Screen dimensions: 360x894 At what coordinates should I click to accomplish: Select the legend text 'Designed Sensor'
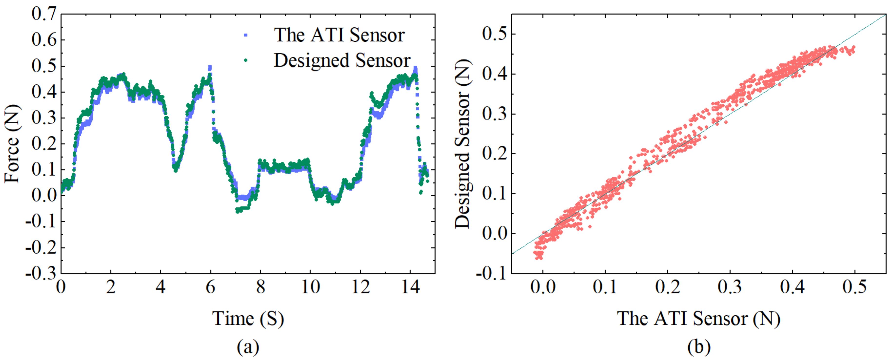pos(342,60)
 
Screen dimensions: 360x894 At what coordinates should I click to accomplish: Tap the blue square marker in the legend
pos(246,35)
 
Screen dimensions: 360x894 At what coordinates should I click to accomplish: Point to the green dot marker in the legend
pos(246,60)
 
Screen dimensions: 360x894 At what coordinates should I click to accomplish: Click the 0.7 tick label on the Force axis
pos(44,14)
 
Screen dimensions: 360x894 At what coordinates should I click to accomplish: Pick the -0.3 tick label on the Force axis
pos(41,274)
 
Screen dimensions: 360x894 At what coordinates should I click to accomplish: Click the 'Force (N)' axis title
pos(12,144)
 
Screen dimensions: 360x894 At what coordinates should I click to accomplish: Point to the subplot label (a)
pos(248,347)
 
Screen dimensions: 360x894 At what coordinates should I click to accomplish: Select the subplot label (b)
pos(699,347)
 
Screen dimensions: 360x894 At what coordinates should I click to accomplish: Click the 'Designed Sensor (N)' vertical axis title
pos(463,144)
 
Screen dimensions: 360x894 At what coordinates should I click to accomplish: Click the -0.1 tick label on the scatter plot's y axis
pos(491,274)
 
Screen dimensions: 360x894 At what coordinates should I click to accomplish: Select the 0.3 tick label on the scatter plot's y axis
pos(494,114)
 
